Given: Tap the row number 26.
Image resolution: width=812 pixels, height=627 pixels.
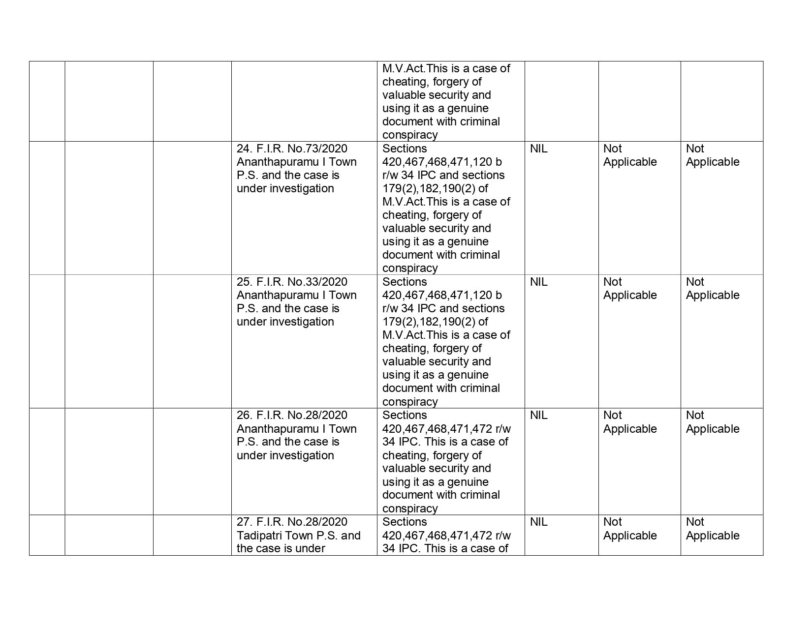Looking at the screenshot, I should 244,415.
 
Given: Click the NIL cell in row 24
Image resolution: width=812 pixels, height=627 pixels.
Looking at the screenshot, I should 538,149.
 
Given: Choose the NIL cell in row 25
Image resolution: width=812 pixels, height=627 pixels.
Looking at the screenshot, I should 538,282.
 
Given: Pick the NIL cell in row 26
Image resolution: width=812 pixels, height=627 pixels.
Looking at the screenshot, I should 538,415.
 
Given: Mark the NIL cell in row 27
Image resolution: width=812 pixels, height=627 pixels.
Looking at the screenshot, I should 538,522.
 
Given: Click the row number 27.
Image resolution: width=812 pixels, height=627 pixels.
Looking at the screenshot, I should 244,522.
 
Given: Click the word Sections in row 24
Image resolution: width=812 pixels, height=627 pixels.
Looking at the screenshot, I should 405,149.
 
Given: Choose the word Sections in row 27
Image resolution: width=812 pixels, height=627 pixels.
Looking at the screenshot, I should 405,522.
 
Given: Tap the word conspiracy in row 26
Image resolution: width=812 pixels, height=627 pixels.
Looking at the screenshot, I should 410,508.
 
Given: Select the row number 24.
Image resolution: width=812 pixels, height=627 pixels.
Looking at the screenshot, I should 244,149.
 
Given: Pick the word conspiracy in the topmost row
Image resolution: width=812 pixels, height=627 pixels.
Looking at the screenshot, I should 410,135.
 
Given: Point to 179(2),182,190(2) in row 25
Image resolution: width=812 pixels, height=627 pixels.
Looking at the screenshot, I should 430,322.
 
